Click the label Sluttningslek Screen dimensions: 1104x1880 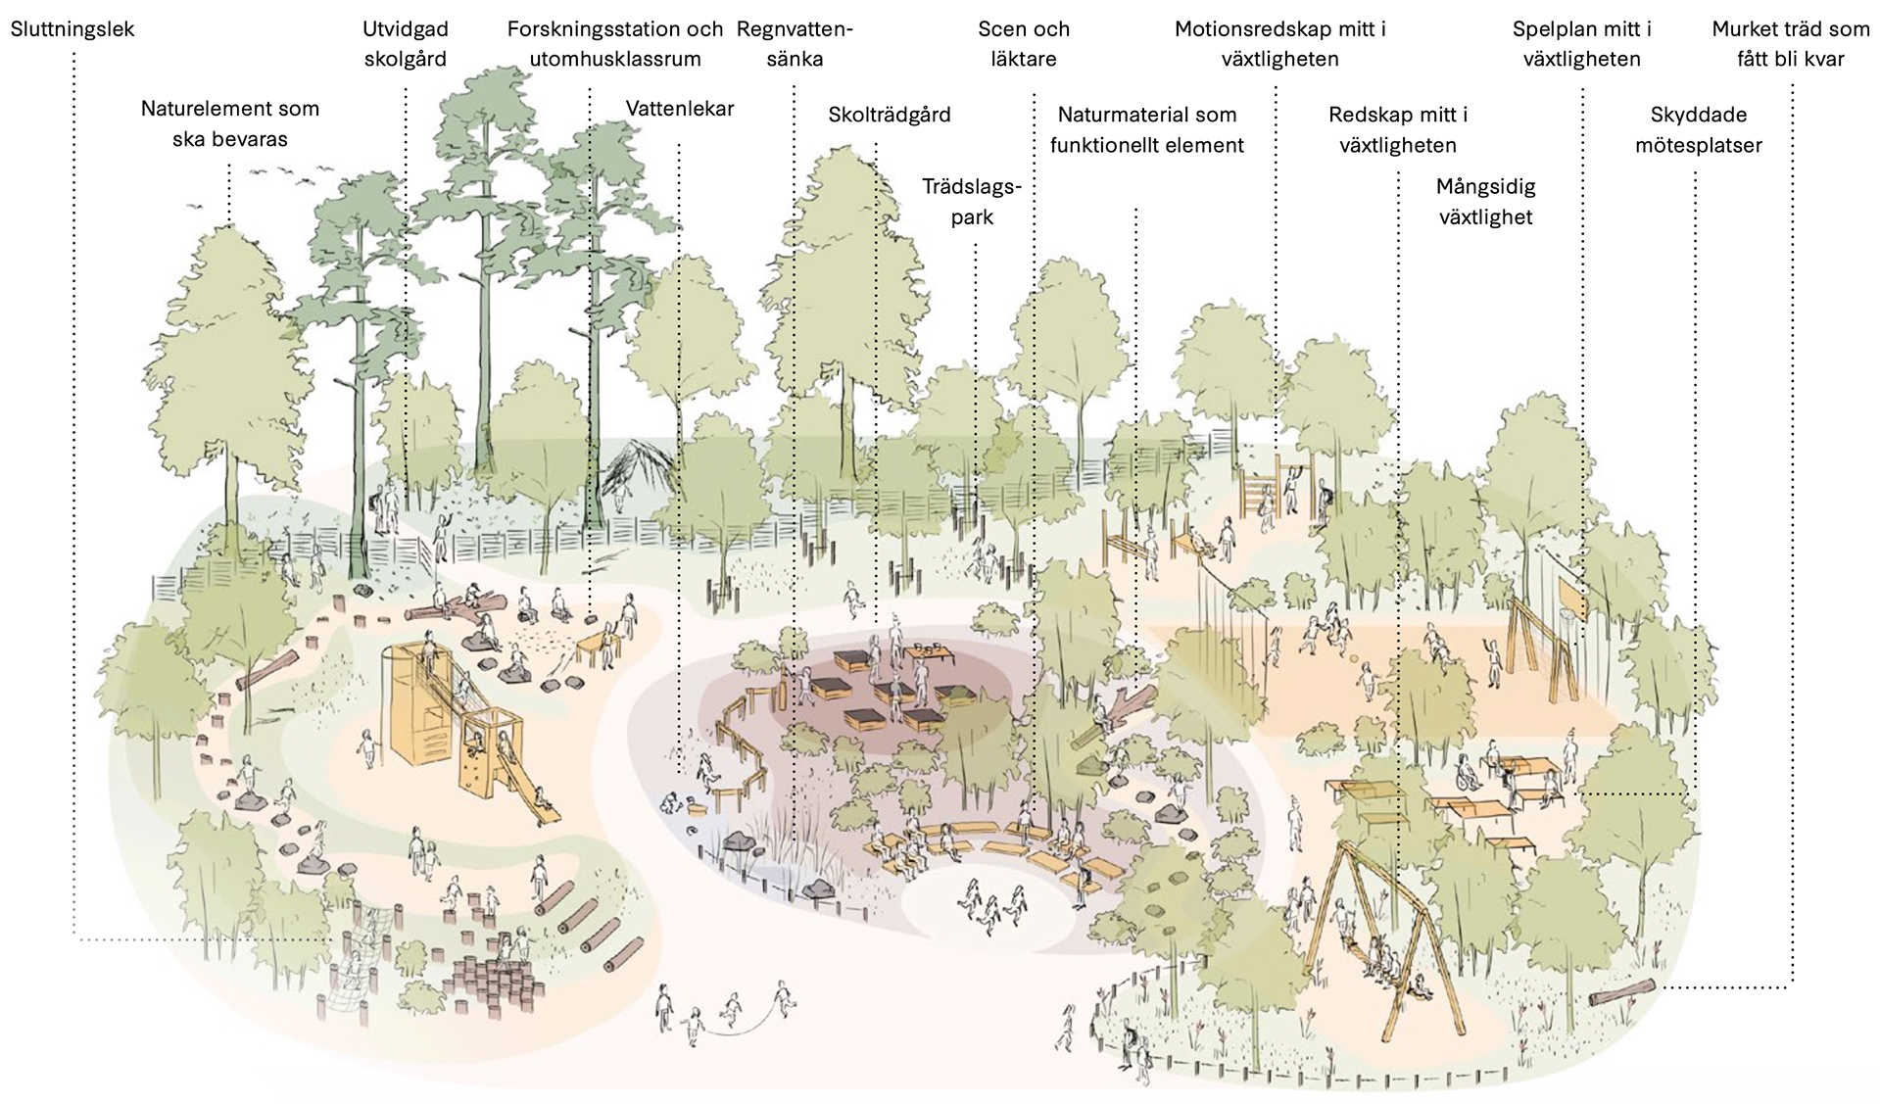(x=72, y=29)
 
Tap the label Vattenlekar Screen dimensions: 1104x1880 (x=680, y=109)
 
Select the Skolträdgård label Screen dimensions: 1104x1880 (x=889, y=115)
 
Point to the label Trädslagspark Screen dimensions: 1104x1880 (x=972, y=202)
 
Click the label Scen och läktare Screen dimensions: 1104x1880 (x=1024, y=44)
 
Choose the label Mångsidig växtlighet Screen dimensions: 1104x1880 (x=1485, y=202)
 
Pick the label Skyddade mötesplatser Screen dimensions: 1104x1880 (x=1698, y=130)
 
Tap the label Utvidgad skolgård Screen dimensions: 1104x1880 (x=405, y=44)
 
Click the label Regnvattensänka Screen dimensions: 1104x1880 (x=795, y=44)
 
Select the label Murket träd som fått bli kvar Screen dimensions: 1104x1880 (x=1790, y=44)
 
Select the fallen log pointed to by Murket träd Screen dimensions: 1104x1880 (x=1621, y=992)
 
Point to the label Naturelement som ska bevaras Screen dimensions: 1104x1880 (x=229, y=123)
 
